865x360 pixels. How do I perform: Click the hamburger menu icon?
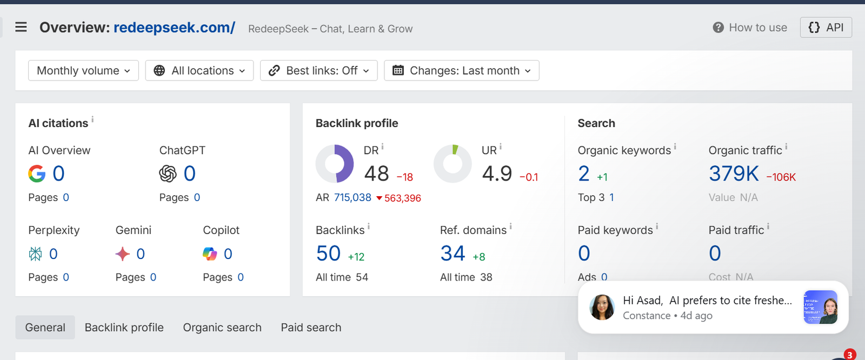tap(21, 28)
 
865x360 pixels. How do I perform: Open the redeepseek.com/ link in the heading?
tap(174, 28)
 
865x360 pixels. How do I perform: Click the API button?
tap(826, 28)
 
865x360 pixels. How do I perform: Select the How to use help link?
tap(749, 28)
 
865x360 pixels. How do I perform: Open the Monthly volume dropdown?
tap(83, 70)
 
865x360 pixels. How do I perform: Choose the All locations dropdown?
tap(199, 70)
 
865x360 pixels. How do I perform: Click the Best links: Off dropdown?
tap(318, 70)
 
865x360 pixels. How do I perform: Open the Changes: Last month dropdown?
tap(462, 70)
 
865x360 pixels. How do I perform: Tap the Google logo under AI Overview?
tap(37, 174)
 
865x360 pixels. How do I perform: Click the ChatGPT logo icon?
tap(168, 174)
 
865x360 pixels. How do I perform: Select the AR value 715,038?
tap(352, 197)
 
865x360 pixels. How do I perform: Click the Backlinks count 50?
tap(328, 254)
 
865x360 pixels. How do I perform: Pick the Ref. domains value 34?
tap(453, 254)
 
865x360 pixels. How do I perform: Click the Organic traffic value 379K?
tap(734, 174)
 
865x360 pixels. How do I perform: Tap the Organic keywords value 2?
tap(584, 174)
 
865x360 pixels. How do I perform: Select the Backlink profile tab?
tap(124, 327)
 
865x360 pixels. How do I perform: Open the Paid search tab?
tap(311, 327)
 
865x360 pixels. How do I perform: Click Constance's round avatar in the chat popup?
tap(602, 308)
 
